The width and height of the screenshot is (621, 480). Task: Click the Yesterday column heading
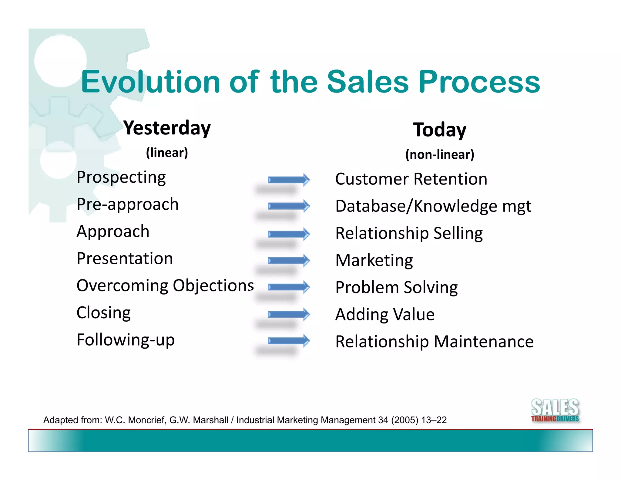167,128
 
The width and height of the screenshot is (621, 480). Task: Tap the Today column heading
439,130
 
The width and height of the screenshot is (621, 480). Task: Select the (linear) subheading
167,152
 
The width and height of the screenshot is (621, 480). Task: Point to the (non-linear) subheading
439,154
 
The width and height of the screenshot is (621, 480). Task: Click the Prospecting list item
121,177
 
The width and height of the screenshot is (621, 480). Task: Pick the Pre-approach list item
127,204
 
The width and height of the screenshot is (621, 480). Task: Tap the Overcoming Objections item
165,286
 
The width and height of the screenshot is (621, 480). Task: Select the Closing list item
103,313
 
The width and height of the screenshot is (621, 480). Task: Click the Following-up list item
126,340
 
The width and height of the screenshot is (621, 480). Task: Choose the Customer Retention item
411,179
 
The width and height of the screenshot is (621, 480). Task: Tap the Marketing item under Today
374,260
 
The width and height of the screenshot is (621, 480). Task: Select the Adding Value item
385,314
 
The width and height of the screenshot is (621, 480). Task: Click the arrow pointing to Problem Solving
289,287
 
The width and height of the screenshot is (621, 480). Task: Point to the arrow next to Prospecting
289,180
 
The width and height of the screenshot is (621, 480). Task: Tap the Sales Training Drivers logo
555,411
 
